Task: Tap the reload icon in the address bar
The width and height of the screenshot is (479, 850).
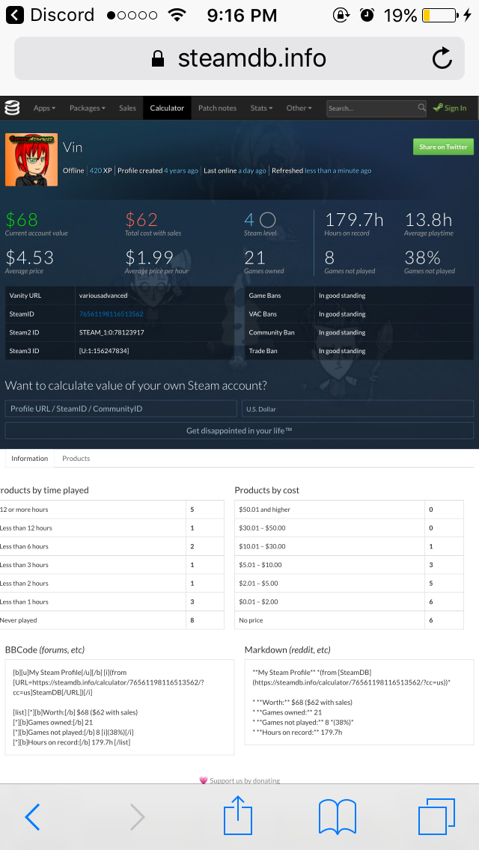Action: point(442,58)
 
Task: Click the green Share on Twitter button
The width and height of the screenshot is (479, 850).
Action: point(443,147)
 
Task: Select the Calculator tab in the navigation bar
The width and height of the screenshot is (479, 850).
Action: point(167,108)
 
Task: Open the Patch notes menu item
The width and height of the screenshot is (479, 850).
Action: point(218,108)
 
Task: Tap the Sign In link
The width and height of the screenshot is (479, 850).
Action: point(450,108)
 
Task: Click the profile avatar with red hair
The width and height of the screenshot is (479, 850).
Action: point(31,160)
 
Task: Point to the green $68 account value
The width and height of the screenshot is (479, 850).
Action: point(22,219)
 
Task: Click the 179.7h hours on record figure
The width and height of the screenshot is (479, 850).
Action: point(354,219)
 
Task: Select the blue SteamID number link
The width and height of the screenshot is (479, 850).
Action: point(112,314)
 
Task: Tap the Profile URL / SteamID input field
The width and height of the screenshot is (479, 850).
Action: point(121,409)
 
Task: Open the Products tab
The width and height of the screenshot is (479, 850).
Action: point(76,458)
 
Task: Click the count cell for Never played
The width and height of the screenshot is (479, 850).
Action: point(205,620)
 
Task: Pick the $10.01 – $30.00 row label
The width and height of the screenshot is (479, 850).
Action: point(262,546)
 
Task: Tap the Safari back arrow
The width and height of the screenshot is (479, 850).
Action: point(32,817)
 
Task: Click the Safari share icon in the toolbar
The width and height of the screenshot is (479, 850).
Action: point(238,814)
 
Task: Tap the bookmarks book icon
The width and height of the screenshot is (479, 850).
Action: point(337,817)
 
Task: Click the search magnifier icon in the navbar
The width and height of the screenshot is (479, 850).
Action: point(421,107)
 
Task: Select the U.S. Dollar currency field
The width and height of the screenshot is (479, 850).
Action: point(358,409)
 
